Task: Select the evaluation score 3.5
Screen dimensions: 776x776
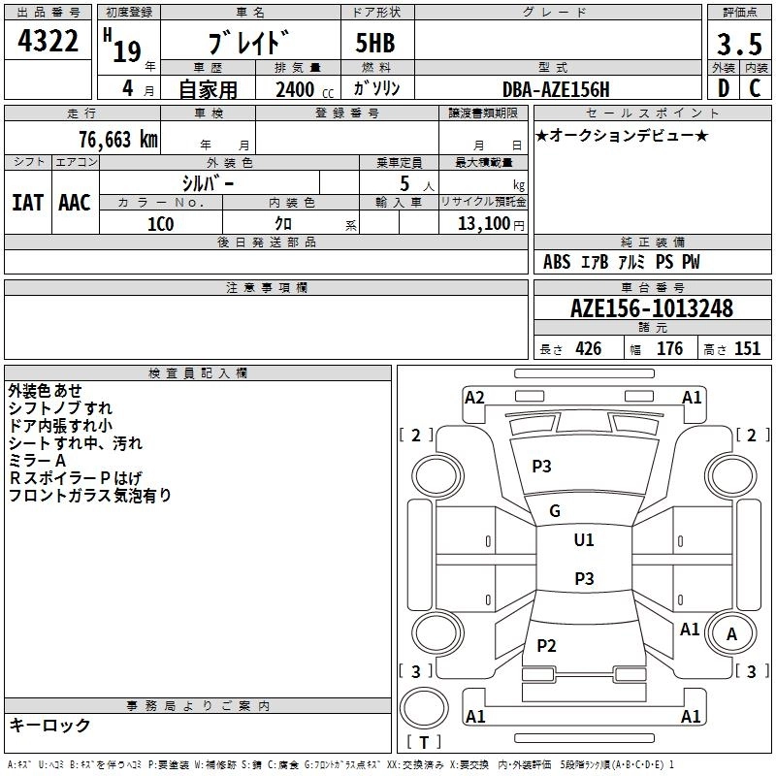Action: pos(738,45)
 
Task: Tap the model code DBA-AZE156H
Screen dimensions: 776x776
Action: pos(556,89)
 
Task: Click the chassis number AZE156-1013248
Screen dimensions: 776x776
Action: pos(651,309)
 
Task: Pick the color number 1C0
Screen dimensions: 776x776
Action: pos(160,223)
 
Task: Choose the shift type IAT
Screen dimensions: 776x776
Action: pos(27,203)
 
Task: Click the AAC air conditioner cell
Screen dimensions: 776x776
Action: pos(75,203)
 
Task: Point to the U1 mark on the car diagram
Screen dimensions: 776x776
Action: pos(584,540)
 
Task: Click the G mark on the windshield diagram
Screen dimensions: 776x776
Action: pos(555,511)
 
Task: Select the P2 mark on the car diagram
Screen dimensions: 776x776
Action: pos(546,646)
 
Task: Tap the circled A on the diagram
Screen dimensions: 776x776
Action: pos(732,634)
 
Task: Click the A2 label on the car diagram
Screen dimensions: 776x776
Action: pos(474,397)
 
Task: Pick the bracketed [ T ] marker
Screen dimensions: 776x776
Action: pos(423,743)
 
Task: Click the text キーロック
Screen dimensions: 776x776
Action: pos(49,726)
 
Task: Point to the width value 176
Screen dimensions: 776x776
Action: pos(669,349)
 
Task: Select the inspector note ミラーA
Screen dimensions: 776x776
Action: pos(37,461)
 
